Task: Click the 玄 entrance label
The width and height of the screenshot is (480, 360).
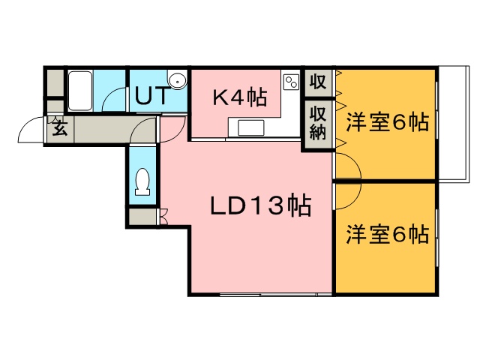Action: click(x=58, y=127)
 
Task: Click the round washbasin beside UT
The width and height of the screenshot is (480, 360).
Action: click(x=177, y=80)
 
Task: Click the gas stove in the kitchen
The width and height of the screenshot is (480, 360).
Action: click(x=292, y=81)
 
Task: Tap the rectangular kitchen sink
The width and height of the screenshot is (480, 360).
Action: click(x=251, y=127)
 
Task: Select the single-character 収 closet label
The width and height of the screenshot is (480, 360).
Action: click(x=316, y=81)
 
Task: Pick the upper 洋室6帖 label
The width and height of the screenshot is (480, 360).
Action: click(x=387, y=123)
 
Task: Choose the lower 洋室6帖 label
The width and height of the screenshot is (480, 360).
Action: click(x=387, y=235)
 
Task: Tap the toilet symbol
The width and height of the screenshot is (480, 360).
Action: click(x=141, y=181)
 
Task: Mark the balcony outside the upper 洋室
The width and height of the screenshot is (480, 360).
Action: click(x=451, y=124)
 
